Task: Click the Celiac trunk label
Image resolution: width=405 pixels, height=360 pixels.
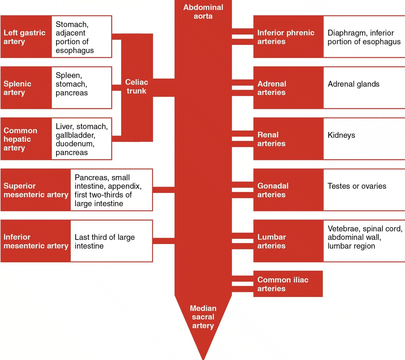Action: pyautogui.click(x=137, y=87)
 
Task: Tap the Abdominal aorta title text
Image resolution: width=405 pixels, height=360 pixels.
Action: pyautogui.click(x=203, y=12)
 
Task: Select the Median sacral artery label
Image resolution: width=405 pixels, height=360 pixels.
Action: pyautogui.click(x=203, y=317)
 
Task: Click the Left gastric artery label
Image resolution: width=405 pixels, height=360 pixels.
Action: pyautogui.click(x=24, y=37)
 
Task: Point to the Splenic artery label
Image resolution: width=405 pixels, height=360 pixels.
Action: pyautogui.click(x=17, y=88)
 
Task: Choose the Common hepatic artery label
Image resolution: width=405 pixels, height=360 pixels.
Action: pyautogui.click(x=20, y=139)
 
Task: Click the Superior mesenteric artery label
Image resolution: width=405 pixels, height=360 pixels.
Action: pyautogui.click(x=36, y=190)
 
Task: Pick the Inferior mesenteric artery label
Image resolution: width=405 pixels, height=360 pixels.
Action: pyautogui.click(x=36, y=241)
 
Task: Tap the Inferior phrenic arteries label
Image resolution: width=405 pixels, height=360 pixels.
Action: pyautogui.click(x=286, y=37)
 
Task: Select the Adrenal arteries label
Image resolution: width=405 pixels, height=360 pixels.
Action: pyautogui.click(x=272, y=88)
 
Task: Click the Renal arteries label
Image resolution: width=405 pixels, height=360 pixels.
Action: pyautogui.click(x=271, y=139)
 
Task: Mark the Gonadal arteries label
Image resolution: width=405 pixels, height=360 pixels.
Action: pyautogui.click(x=273, y=190)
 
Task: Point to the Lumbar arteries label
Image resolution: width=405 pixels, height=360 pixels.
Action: pyautogui.click(x=271, y=241)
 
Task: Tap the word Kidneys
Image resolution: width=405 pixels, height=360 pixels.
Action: pyautogui.click(x=341, y=135)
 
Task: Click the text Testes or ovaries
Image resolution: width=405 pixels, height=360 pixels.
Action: pyautogui.click(x=357, y=186)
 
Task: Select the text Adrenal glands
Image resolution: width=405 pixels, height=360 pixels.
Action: pyautogui.click(x=353, y=84)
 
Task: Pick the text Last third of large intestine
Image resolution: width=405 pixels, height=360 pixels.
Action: pyautogui.click(x=104, y=241)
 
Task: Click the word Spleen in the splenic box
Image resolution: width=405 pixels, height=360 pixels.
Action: pyautogui.click(x=68, y=75)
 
